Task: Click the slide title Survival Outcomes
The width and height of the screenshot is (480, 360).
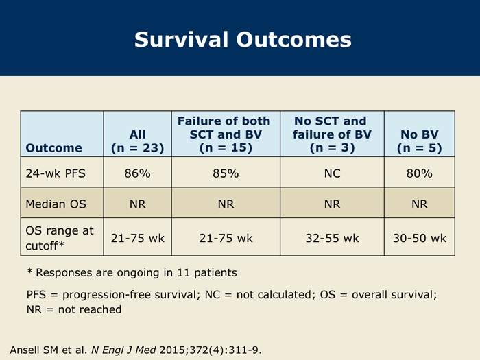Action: (243, 40)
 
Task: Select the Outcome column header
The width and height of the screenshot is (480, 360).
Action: (54, 148)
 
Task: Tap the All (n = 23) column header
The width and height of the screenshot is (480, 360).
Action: (137, 141)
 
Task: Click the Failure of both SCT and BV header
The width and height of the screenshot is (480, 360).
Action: (226, 134)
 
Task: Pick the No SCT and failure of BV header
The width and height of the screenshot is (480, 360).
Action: (332, 134)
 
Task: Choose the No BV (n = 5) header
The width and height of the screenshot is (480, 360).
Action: (420, 141)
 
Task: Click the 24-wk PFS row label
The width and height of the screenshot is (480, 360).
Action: (56, 173)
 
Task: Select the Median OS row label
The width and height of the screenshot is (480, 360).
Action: (56, 204)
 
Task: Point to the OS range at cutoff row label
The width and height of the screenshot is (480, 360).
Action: (60, 238)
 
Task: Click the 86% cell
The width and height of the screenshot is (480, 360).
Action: (137, 173)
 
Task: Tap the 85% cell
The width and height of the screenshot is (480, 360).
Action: (226, 173)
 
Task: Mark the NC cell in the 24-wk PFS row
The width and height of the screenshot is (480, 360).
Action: (332, 173)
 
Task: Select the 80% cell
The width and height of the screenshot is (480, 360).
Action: (420, 173)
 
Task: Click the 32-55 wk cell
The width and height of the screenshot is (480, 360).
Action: (332, 238)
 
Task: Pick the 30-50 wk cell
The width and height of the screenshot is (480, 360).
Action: (420, 238)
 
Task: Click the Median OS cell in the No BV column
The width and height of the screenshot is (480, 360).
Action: (420, 204)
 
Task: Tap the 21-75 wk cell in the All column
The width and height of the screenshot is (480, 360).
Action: (137, 238)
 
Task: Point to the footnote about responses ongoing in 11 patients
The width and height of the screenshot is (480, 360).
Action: (132, 272)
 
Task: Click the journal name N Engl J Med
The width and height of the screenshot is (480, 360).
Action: (123, 350)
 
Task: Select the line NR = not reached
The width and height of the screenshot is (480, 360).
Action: (74, 309)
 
